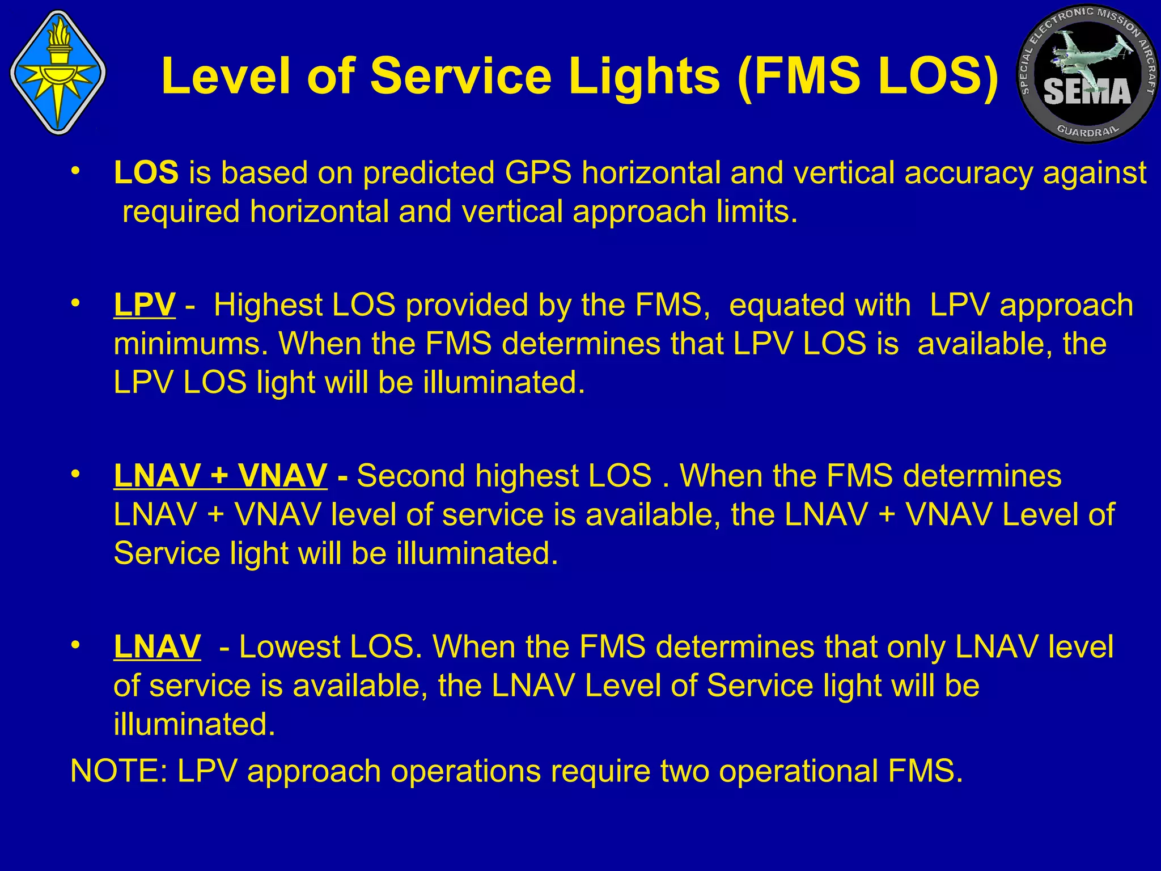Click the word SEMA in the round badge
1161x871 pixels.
[x=1087, y=92]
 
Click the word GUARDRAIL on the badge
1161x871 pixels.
[x=1088, y=130]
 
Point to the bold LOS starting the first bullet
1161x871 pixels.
[x=146, y=172]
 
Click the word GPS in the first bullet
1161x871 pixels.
[x=538, y=172]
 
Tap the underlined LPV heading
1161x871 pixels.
[x=145, y=305]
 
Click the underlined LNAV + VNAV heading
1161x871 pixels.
[x=221, y=476]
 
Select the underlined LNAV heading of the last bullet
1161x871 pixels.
[x=157, y=646]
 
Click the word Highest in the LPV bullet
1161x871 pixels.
[x=268, y=305]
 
